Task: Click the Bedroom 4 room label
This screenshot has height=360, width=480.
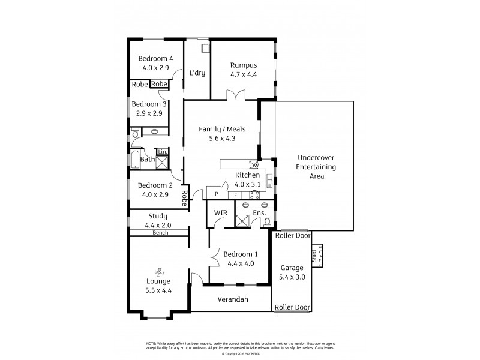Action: [x=155, y=58]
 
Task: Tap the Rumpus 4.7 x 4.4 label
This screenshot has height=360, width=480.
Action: [x=243, y=70]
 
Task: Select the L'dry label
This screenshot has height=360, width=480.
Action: [x=197, y=73]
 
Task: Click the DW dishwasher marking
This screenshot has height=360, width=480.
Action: [x=254, y=166]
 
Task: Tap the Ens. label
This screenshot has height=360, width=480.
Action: [x=259, y=212]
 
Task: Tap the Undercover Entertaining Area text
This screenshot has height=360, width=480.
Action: [x=316, y=167]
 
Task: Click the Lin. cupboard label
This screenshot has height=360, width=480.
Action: [x=162, y=152]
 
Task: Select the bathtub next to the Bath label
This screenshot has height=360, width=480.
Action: [x=136, y=160]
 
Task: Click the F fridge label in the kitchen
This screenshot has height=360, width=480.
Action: [x=235, y=195]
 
